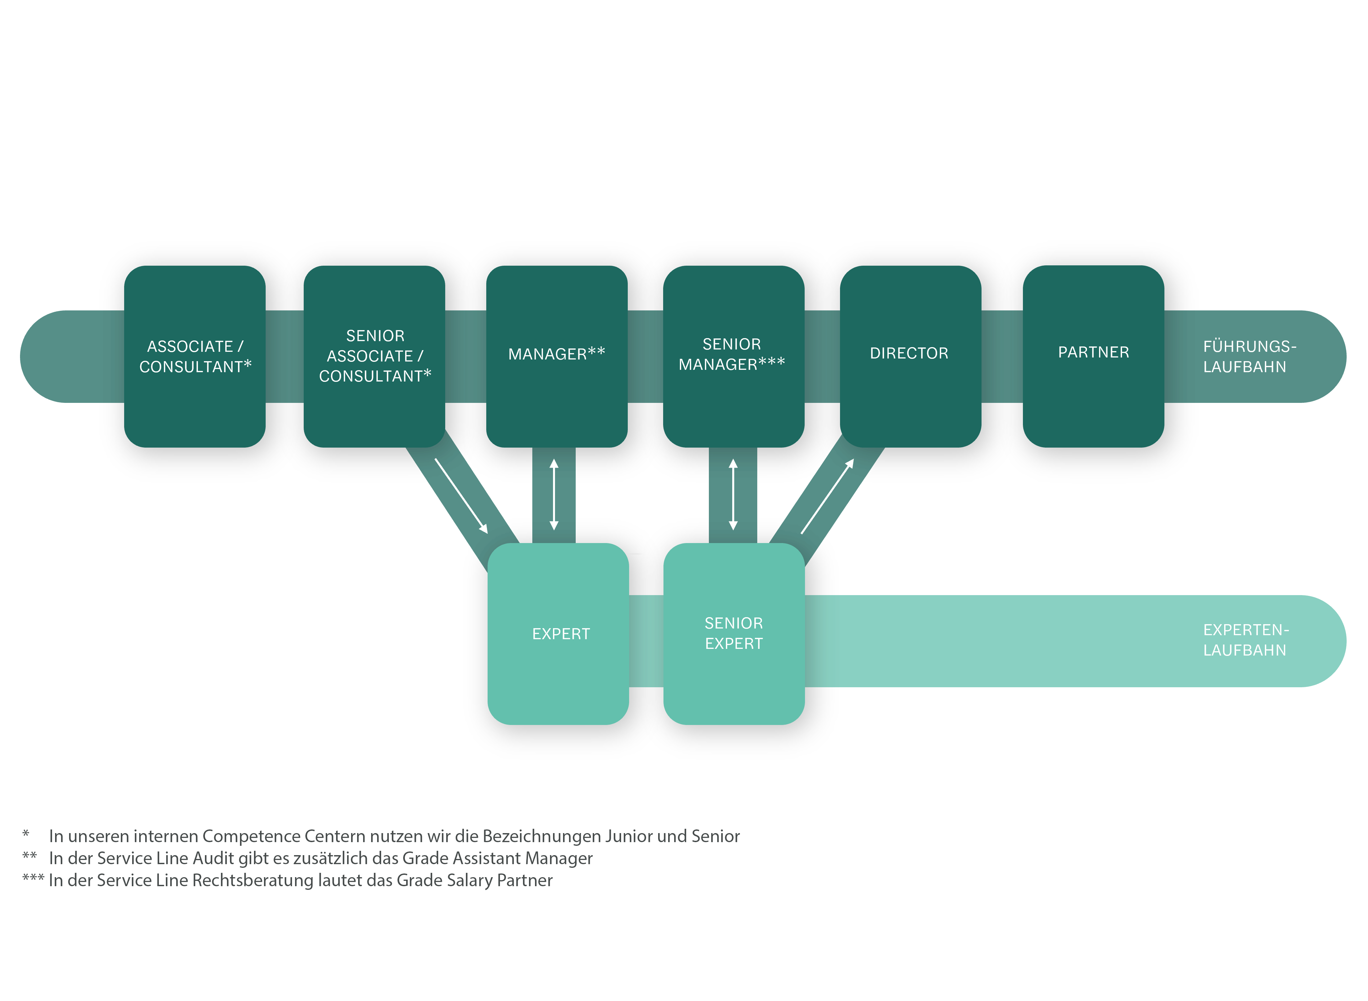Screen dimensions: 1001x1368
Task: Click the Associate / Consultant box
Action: (195, 356)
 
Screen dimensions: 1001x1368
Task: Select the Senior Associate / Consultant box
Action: (374, 356)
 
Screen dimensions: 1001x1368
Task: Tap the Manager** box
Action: (556, 356)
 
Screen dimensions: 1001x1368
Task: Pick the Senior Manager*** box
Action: (733, 356)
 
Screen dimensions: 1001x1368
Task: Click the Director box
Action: (910, 356)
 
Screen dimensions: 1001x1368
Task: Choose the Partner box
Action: (1093, 356)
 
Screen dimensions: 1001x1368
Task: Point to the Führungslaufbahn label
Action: (1249, 356)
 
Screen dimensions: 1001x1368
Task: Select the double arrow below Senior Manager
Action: (733, 494)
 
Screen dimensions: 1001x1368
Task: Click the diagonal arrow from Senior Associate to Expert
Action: (461, 496)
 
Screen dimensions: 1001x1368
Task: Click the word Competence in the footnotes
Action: (251, 836)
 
